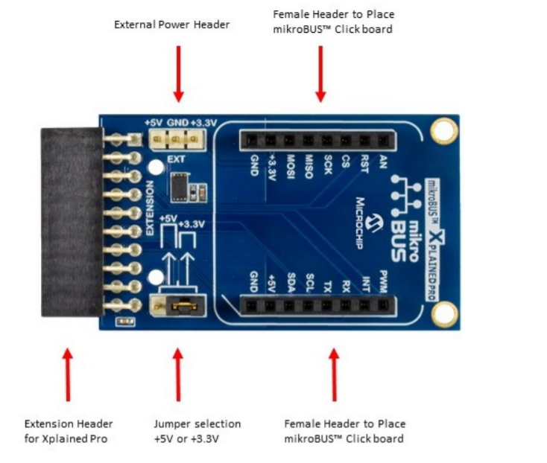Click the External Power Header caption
click(171, 25)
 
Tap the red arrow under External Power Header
click(178, 74)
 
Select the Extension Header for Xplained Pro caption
click(69, 431)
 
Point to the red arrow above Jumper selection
click(178, 375)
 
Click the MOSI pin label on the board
click(290, 167)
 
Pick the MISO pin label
click(309, 167)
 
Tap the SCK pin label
click(327, 165)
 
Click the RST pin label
click(364, 164)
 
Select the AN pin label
click(383, 162)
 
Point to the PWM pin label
click(383, 281)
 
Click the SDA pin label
click(291, 282)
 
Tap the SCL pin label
click(309, 282)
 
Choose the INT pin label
click(365, 284)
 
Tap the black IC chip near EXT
click(180, 188)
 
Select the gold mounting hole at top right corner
click(443, 130)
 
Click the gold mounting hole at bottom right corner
click(444, 314)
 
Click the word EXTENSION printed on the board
click(149, 208)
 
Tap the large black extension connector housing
click(72, 223)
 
